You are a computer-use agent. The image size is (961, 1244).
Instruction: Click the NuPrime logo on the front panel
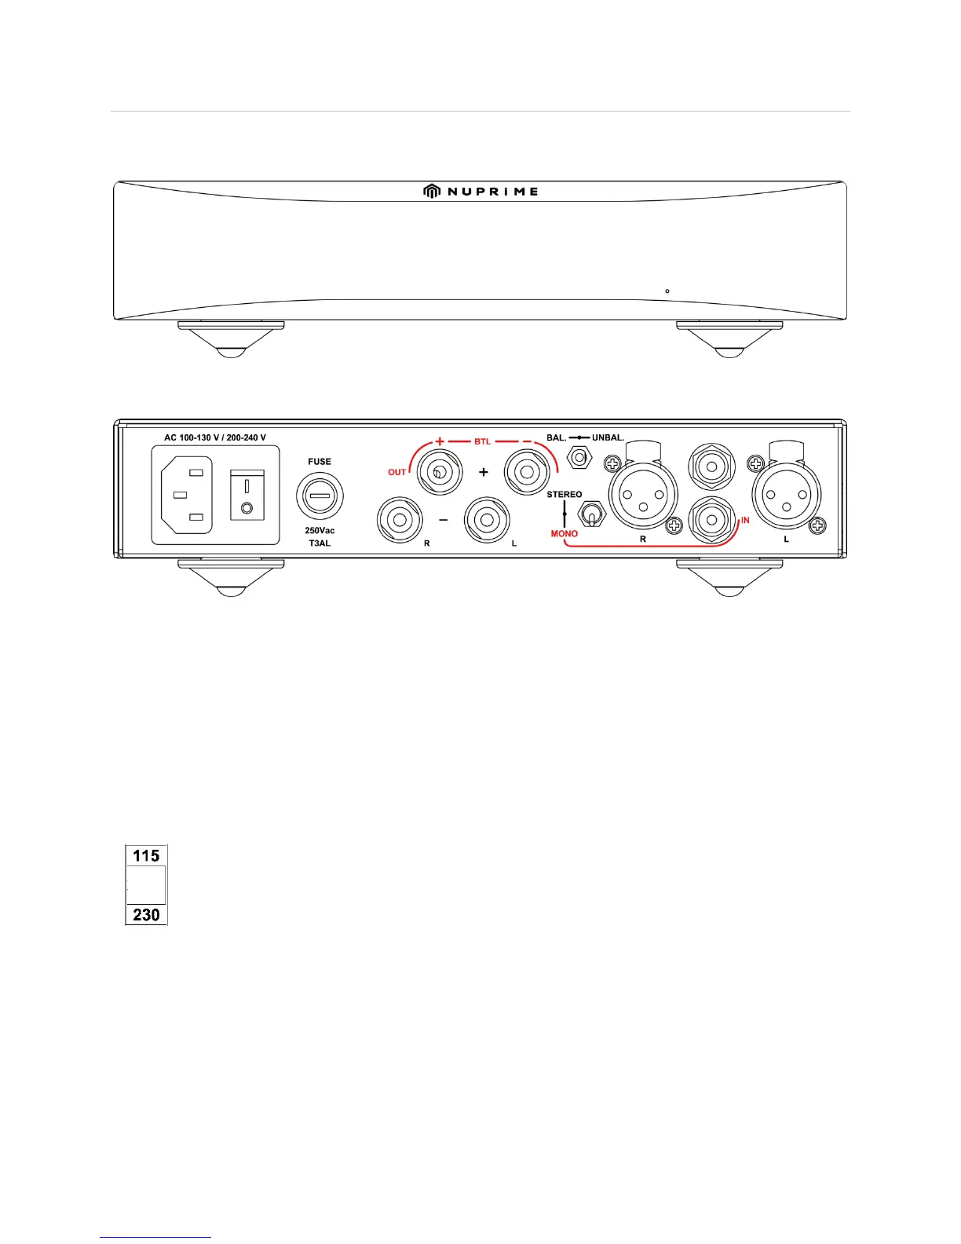coord(480,191)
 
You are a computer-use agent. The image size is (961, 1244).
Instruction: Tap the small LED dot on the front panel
coord(667,291)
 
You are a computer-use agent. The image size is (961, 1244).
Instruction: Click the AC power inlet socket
coord(186,495)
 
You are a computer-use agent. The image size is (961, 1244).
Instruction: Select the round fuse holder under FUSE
coord(320,496)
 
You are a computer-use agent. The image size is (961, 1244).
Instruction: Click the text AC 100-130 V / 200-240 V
coord(215,437)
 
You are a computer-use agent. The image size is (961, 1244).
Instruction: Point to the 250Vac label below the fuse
coord(320,531)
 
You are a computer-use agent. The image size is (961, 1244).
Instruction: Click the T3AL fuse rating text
coord(320,543)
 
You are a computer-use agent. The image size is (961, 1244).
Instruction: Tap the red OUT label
coord(397,472)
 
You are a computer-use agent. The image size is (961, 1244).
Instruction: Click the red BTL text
coord(482,441)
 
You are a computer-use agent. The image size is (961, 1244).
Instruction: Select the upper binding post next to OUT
coord(440,471)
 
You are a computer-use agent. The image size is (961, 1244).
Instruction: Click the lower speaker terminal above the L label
coord(487,519)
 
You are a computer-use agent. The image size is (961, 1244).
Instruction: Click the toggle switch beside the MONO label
coord(590,515)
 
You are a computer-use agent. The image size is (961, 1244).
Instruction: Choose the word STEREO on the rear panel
coord(565,495)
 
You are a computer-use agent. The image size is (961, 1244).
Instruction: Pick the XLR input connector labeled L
coord(787,495)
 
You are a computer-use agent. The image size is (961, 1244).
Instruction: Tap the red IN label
coord(745,520)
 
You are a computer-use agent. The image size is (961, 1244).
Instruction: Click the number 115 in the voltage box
coord(146,855)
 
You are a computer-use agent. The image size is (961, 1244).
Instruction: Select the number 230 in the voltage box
coord(146,914)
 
